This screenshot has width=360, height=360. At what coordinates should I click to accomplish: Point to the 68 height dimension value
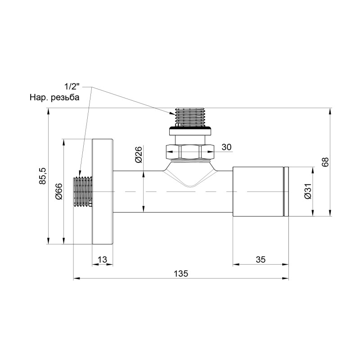[x=325, y=162]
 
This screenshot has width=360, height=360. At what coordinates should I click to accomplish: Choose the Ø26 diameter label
[x=139, y=155]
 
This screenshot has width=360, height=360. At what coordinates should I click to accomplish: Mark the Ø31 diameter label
[x=307, y=192]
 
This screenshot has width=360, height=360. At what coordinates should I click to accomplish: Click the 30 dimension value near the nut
[x=226, y=147]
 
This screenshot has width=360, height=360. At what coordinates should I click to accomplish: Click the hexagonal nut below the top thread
[x=191, y=151]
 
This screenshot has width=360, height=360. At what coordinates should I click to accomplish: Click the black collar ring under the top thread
[x=191, y=131]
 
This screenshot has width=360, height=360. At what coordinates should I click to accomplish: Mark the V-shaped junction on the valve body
[x=190, y=175]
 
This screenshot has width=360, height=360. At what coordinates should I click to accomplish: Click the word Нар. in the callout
[x=38, y=98]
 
